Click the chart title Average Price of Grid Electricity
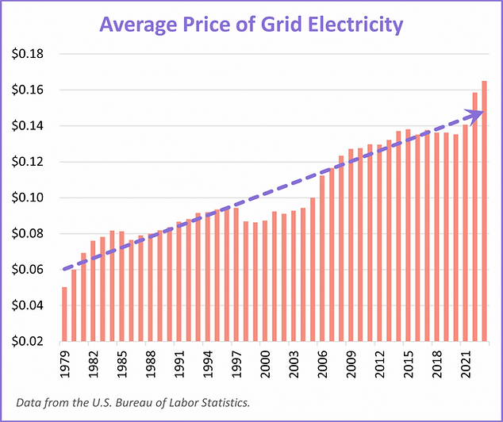pyautogui.click(x=251, y=25)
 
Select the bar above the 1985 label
pyautogui.click(x=121, y=286)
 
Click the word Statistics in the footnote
pyautogui.click(x=226, y=402)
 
